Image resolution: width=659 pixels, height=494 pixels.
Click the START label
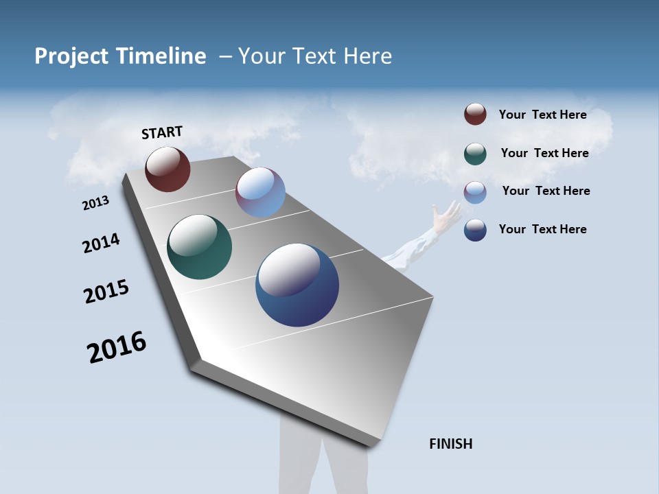[162, 132]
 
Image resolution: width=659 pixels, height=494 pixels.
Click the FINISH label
[450, 444]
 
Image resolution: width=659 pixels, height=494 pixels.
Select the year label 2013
[95, 203]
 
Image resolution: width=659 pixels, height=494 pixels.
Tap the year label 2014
[101, 243]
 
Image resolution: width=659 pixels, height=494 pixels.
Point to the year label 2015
[106, 291]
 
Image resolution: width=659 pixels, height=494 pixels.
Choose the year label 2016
[117, 347]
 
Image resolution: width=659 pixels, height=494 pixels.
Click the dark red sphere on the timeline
[167, 169]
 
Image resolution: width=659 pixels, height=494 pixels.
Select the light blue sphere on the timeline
[260, 192]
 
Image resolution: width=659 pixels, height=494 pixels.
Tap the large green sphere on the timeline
[199, 247]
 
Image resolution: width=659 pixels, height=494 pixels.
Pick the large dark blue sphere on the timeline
[297, 285]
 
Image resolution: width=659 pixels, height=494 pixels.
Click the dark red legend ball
[475, 115]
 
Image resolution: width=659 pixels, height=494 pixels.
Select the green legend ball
[475, 154]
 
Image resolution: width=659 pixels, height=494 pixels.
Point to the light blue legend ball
[475, 192]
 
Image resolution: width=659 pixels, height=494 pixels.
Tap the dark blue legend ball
[475, 230]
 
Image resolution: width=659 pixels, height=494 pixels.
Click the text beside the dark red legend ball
[542, 115]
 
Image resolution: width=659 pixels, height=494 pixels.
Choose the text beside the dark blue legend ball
[542, 229]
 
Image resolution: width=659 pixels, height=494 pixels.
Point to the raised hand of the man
[447, 214]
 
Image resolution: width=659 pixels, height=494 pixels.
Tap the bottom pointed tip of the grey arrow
[371, 445]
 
